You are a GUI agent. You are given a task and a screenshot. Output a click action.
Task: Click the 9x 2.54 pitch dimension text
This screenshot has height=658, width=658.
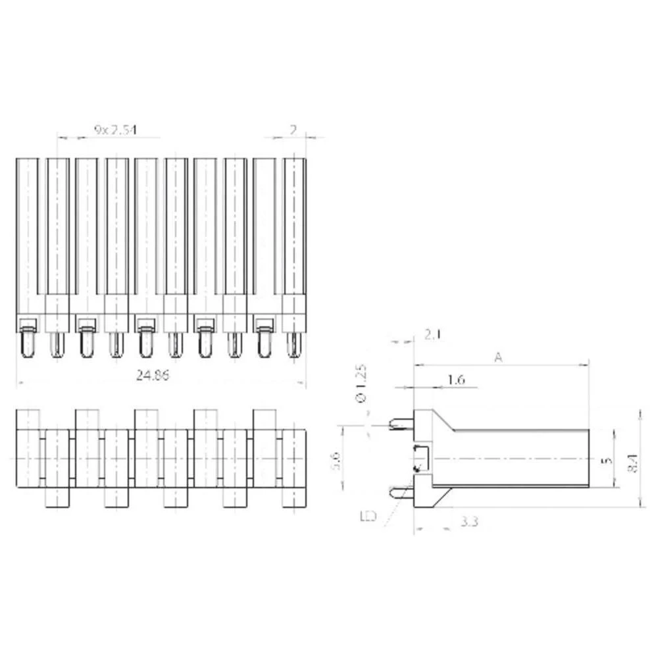(115, 130)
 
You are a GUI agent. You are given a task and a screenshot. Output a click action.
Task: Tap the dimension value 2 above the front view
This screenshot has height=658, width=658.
(293, 130)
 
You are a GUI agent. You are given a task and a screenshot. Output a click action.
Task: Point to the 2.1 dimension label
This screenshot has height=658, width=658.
(432, 335)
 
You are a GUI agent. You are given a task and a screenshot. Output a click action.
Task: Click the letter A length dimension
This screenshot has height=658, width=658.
(499, 357)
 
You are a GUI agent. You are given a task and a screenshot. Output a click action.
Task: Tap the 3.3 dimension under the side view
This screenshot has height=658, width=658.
(468, 522)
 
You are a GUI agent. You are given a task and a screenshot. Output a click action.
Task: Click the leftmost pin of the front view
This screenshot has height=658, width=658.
(27, 344)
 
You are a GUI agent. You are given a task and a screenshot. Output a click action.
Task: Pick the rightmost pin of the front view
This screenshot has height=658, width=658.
(293, 344)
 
